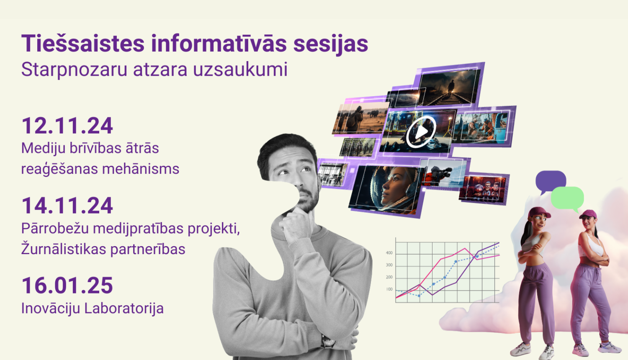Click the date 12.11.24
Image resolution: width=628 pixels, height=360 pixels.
pyautogui.click(x=67, y=126)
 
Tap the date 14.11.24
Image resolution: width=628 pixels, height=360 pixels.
pyautogui.click(x=67, y=206)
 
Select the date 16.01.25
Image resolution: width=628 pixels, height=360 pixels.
pyautogui.click(x=67, y=285)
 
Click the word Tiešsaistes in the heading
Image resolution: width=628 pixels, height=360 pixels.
pyautogui.click(x=82, y=44)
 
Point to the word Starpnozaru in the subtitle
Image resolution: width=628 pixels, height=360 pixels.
pyautogui.click(x=74, y=69)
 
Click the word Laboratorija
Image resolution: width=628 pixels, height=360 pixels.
pyautogui.click(x=124, y=309)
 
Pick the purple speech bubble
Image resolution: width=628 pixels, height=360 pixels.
pyautogui.click(x=550, y=180)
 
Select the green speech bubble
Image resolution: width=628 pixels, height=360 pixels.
pyautogui.click(x=568, y=198)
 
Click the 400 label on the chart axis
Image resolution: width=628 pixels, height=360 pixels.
pyautogui.click(x=389, y=253)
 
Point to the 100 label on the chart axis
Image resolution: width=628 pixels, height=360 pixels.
pyautogui.click(x=389, y=289)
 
